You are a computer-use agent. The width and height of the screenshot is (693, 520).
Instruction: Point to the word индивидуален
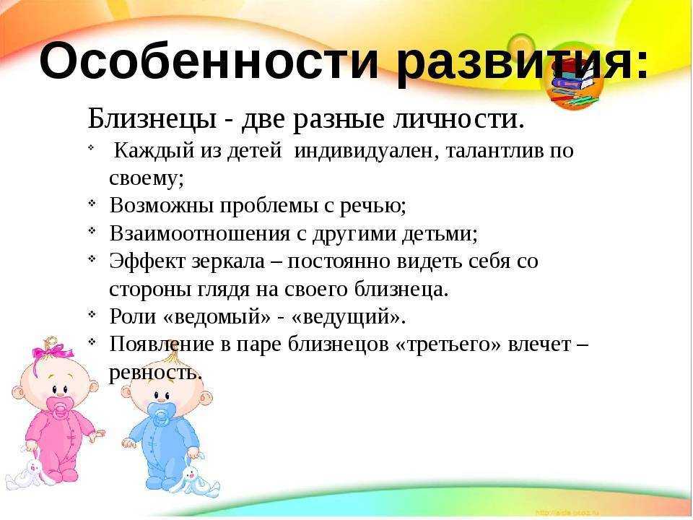[x=365, y=151]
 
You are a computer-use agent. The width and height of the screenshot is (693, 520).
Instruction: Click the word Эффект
[x=147, y=261]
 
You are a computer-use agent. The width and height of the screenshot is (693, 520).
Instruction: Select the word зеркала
[x=228, y=261]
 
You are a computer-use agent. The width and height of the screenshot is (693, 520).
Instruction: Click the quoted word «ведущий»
[x=348, y=316]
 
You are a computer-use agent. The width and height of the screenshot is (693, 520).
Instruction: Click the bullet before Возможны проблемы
[x=92, y=204]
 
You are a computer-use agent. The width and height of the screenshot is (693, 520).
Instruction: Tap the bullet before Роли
[x=92, y=314]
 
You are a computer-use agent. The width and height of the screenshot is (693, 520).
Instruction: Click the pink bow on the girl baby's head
[x=52, y=352]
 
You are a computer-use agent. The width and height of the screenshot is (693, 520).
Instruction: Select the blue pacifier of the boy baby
[x=160, y=413]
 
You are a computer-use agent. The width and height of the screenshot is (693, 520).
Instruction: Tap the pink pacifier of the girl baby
[x=59, y=407]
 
